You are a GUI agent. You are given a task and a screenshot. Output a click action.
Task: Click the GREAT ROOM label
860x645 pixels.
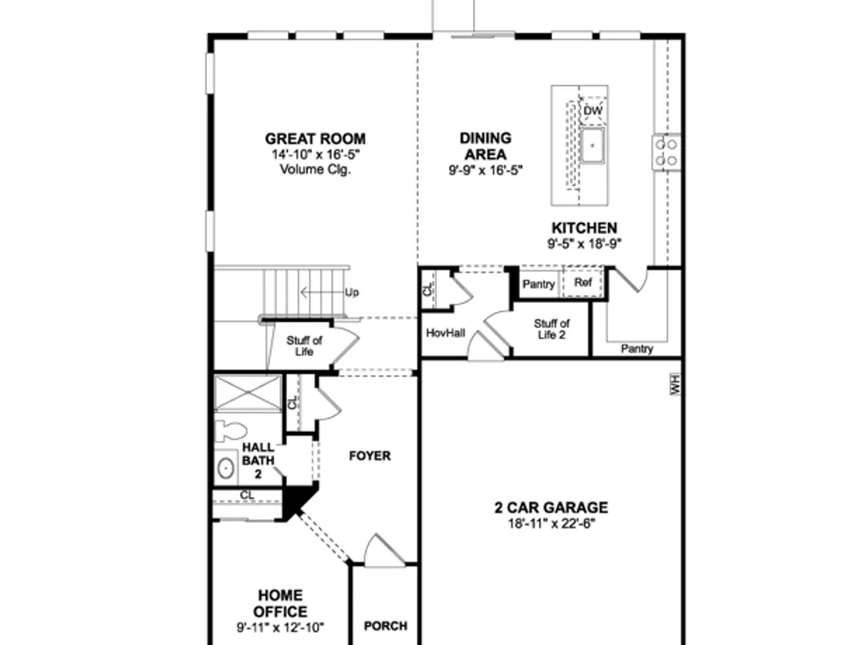(315, 138)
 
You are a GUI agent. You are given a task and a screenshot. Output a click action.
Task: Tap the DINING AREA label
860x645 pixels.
(485, 146)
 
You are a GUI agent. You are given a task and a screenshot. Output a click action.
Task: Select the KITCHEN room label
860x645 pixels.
(584, 228)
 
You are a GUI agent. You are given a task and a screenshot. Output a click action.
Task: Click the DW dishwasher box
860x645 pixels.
(593, 111)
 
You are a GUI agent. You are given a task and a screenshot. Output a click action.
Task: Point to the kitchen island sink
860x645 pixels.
(593, 145)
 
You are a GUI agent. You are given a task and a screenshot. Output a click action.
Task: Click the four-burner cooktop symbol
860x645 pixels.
(666, 152)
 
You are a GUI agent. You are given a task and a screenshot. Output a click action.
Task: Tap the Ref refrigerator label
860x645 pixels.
(583, 282)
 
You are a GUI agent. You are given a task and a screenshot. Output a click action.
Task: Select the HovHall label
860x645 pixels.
(445, 333)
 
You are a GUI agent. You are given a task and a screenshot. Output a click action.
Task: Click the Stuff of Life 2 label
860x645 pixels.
(551, 329)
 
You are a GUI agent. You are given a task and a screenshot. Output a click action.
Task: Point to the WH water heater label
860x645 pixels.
(674, 384)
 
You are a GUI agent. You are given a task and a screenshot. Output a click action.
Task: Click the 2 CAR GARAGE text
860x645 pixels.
(551, 507)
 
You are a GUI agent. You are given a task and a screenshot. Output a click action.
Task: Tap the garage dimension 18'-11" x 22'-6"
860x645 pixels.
(551, 523)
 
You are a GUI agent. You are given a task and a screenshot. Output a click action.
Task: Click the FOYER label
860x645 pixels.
(370, 456)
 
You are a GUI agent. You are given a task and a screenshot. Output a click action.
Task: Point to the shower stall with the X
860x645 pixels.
(248, 393)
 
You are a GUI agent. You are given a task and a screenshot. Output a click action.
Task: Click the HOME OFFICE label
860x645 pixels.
(280, 604)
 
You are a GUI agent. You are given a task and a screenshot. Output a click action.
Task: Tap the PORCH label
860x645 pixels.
(385, 626)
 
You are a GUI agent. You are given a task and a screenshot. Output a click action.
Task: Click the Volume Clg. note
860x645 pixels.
(316, 169)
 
